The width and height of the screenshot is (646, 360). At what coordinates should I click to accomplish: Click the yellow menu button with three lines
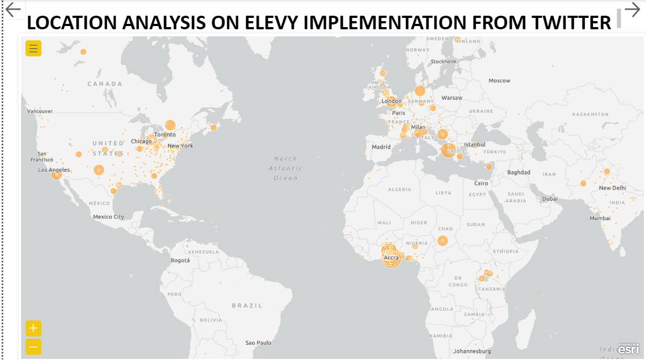point(34,48)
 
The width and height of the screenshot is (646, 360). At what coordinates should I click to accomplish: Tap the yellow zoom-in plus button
point(34,328)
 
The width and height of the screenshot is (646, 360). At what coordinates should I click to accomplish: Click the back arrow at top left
point(12,9)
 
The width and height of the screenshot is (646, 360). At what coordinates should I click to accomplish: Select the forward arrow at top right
point(632,9)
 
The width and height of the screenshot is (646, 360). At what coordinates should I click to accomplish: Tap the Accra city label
point(391,258)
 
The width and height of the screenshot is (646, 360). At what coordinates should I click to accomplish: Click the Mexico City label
point(108,217)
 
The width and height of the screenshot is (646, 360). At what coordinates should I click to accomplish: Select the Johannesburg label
point(472,351)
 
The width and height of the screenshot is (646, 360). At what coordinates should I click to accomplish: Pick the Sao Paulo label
point(259,343)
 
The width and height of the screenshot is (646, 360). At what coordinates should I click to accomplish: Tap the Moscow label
point(499,81)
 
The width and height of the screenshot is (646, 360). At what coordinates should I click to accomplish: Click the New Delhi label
point(612,188)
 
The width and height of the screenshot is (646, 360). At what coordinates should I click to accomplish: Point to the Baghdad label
point(519,172)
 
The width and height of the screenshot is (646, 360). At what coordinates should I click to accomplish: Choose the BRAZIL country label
point(247,306)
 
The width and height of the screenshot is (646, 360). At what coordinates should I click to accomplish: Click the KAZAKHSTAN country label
point(590,114)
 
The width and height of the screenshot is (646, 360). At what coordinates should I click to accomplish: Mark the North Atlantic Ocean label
point(286,168)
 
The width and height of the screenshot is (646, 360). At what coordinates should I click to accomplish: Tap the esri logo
point(629,349)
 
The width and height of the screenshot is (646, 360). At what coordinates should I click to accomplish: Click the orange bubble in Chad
point(443,240)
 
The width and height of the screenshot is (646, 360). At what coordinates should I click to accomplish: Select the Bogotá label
point(180,260)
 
